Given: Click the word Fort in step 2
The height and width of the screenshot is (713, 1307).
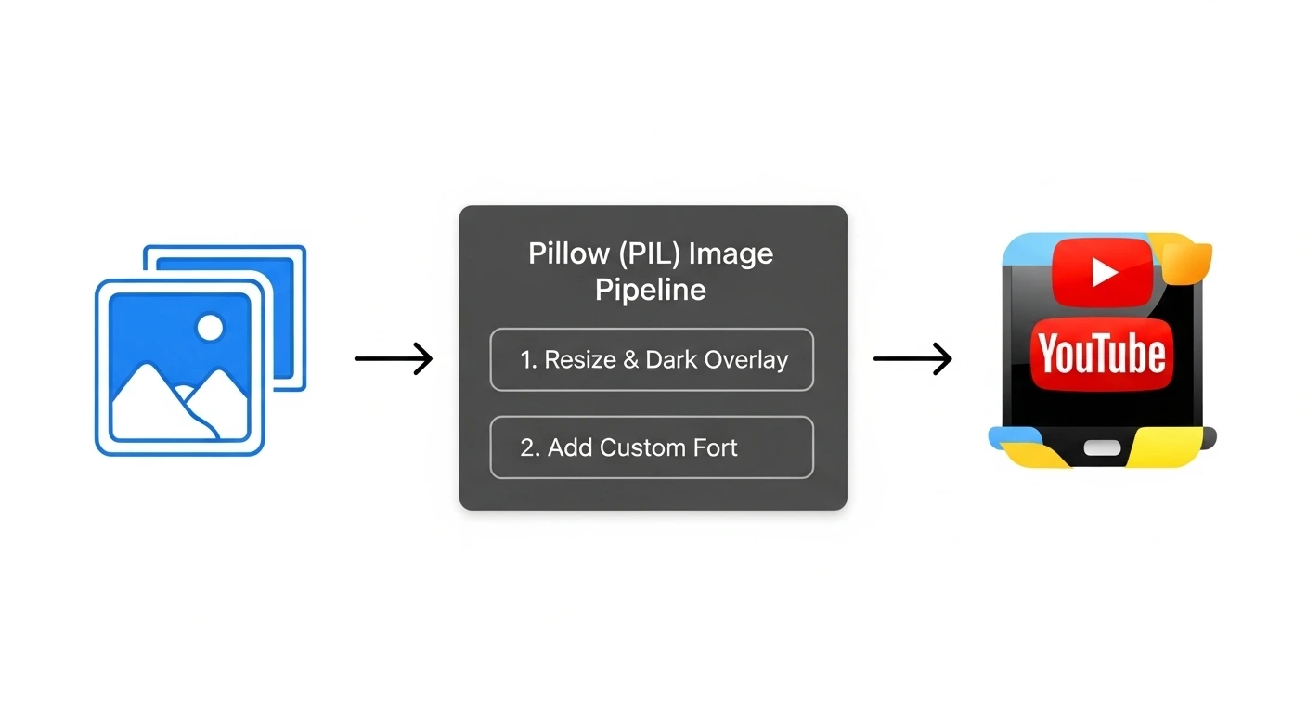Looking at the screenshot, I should coord(715,447).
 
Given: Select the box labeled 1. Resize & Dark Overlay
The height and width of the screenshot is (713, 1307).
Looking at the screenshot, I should coord(651,359).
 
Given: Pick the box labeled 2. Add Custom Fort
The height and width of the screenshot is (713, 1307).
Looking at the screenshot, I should coord(651,447).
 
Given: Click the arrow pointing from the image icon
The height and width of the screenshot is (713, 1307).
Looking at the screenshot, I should coord(394,358).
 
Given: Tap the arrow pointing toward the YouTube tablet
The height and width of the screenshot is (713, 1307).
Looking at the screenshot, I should coord(913,358).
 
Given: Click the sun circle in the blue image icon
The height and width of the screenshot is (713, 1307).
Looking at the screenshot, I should coord(211,327).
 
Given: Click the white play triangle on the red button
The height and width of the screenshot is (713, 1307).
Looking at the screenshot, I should coord(1103,272).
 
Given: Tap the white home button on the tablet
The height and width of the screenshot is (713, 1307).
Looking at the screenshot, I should coord(1102,447).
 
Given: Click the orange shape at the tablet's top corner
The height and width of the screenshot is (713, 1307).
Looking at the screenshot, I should coord(1186,263).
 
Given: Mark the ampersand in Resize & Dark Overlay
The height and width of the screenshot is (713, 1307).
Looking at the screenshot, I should coord(631,360).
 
